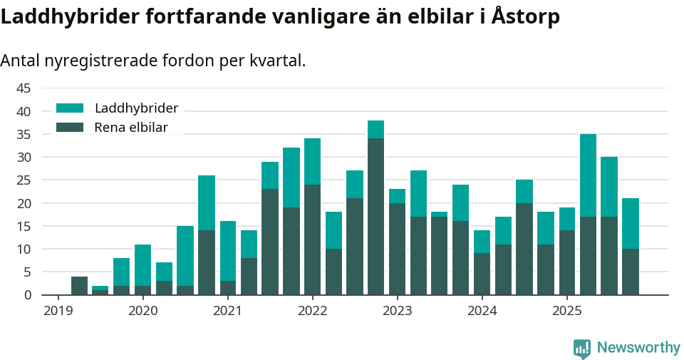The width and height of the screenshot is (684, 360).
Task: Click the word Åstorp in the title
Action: point(525,17)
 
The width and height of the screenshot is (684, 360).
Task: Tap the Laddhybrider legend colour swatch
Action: point(70,108)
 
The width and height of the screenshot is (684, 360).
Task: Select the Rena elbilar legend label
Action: point(131,128)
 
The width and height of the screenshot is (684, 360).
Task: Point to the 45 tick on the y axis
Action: point(24,88)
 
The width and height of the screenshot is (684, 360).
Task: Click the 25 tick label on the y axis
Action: point(24,180)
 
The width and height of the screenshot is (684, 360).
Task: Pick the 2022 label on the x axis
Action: point(312,311)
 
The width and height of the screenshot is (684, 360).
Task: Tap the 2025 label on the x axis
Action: point(566,311)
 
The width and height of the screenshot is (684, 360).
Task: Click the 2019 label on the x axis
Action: point(58,311)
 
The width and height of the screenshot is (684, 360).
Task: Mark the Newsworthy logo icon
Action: point(581,348)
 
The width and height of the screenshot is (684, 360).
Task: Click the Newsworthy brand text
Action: point(638,348)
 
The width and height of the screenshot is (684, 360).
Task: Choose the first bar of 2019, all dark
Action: point(79,285)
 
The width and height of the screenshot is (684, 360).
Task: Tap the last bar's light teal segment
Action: point(631,223)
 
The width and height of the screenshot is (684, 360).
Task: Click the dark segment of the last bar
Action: point(631,272)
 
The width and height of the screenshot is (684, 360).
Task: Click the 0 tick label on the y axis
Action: point(28,294)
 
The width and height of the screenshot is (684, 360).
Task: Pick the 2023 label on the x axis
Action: point(397,311)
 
